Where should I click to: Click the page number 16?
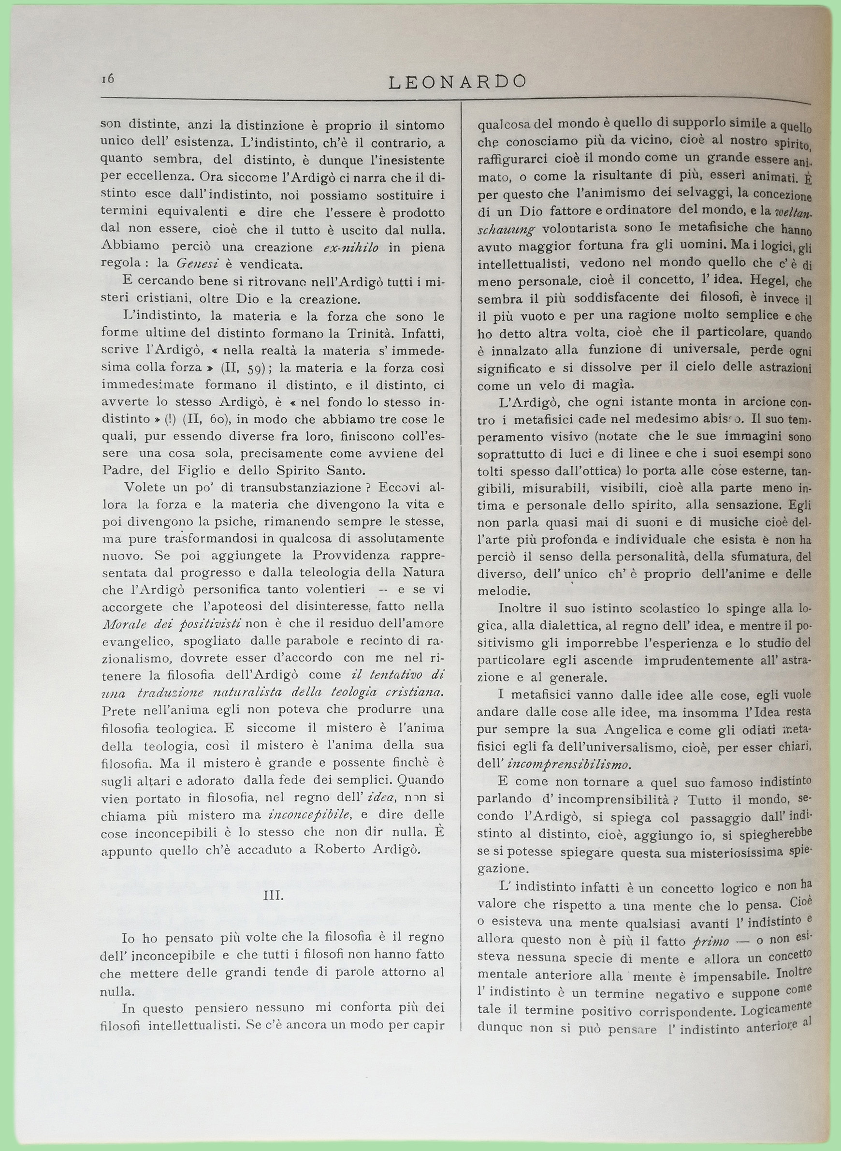pos(107,78)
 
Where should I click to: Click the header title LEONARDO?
pos(457,81)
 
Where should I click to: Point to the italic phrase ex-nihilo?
pos(351,247)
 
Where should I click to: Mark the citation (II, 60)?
pos(212,420)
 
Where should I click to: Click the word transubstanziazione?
pos(300,487)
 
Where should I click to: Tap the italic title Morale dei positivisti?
pos(171,623)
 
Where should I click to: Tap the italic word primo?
pos(710,941)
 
